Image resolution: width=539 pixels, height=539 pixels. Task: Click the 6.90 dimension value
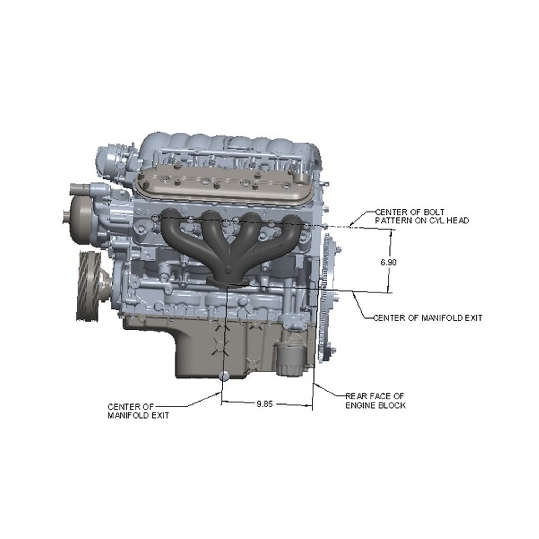tap(389, 262)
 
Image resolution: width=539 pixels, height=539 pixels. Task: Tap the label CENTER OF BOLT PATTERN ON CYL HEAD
tap(421, 216)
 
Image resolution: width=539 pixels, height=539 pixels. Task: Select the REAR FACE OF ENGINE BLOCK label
tap(375, 401)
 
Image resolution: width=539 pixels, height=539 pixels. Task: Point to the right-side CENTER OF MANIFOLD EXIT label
tap(428, 318)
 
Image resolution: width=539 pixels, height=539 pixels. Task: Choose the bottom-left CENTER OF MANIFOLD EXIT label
tap(138, 411)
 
